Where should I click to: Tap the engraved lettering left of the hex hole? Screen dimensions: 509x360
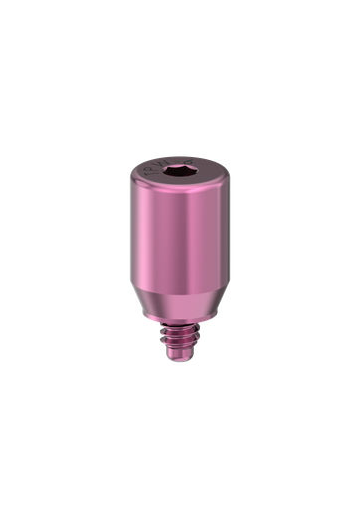pyautogui.click(x=154, y=171)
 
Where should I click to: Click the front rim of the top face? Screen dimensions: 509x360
pyautogui.click(x=180, y=186)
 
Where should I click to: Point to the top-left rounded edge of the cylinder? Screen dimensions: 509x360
pyautogui.click(x=132, y=176)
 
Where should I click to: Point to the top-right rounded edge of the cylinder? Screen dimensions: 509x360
pyautogui.click(x=228, y=176)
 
